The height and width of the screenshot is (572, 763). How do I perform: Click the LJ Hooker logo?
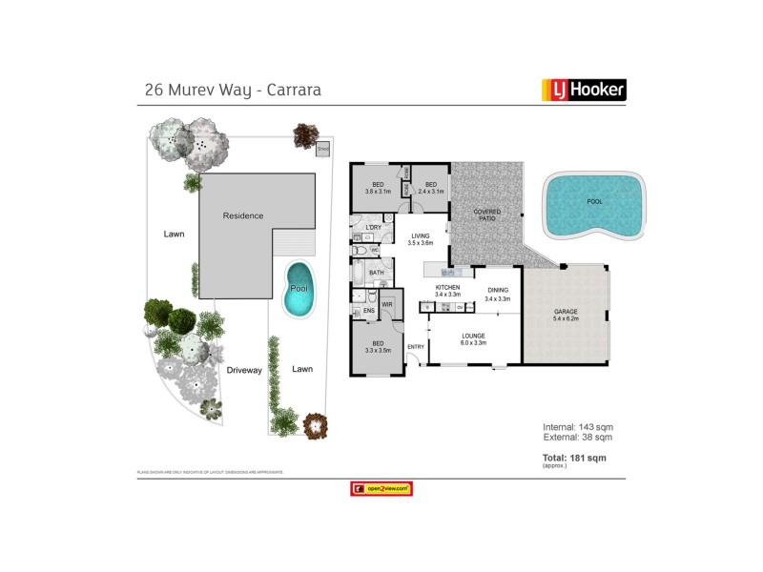click(x=583, y=90)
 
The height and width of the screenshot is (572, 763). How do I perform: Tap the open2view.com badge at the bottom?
click(x=381, y=488)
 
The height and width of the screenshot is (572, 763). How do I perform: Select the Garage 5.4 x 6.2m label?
click(x=572, y=316)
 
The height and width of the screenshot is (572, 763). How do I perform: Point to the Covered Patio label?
click(x=486, y=214)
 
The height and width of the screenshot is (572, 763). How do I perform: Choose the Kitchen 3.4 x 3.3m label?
click(x=447, y=292)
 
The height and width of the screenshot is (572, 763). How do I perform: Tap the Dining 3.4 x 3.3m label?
click(x=498, y=295)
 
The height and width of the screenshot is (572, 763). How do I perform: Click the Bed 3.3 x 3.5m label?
click(x=378, y=346)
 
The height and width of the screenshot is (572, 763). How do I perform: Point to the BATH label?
click(x=376, y=273)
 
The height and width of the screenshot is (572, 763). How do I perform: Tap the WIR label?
click(x=387, y=305)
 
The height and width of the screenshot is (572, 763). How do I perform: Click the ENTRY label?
click(x=415, y=347)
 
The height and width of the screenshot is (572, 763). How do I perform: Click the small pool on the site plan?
click(x=299, y=289)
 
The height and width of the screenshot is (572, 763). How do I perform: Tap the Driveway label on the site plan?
click(x=244, y=369)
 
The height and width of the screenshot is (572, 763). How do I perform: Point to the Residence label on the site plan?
click(x=242, y=215)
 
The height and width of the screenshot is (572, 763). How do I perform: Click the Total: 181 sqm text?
click(x=574, y=458)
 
